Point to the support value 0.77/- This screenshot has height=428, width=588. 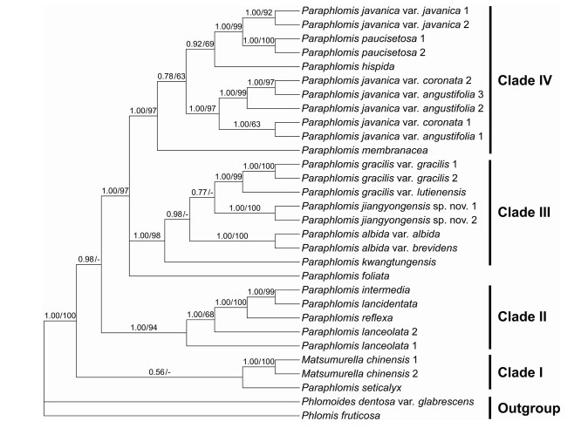coord(202,190)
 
